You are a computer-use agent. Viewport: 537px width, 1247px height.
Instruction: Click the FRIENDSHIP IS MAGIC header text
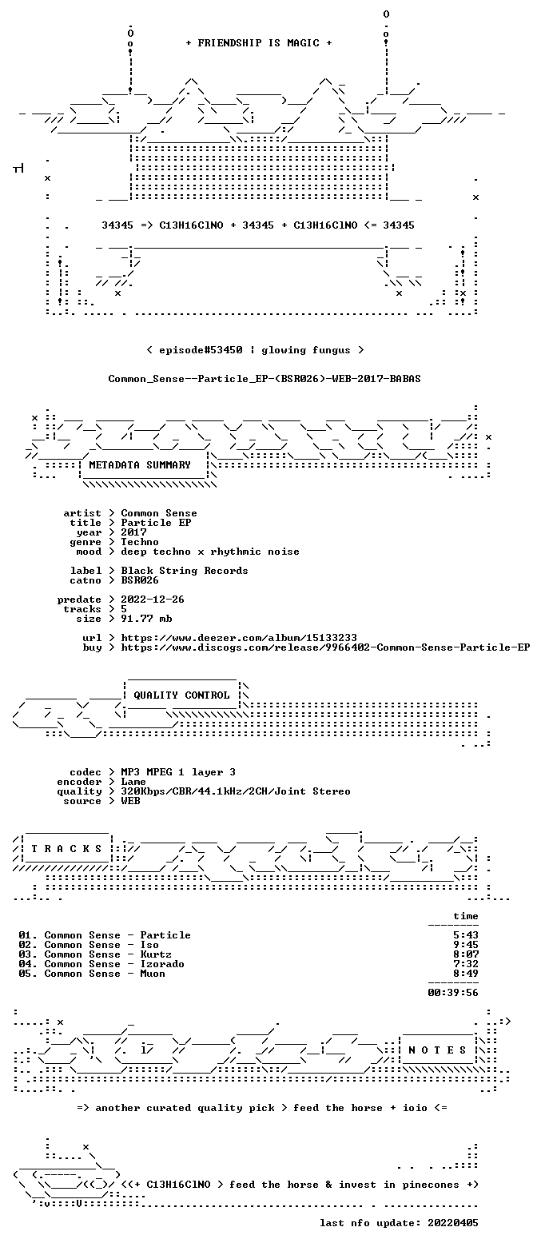click(259, 43)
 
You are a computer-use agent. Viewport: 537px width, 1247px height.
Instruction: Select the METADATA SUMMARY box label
click(140, 465)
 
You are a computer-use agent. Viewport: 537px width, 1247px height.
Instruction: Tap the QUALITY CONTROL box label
click(181, 695)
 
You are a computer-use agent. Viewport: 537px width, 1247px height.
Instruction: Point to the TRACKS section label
click(67, 848)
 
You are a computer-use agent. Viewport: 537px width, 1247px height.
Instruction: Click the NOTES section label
click(437, 1050)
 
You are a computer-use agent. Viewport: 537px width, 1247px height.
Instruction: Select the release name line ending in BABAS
click(265, 379)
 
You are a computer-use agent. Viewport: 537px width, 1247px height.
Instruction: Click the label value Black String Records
click(184, 571)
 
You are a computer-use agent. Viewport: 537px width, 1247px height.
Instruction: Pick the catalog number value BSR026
click(140, 580)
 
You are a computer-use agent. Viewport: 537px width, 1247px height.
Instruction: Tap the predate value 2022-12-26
click(153, 600)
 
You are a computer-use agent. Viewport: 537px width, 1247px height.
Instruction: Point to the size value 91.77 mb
click(146, 619)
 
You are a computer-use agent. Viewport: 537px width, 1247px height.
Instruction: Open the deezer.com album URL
click(239, 638)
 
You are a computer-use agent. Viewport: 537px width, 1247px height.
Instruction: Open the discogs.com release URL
click(325, 647)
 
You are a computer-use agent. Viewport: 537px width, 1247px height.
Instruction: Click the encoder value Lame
click(133, 782)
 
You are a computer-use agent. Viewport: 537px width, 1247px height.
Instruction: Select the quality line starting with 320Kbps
click(236, 791)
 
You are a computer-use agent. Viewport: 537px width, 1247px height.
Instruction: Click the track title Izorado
click(162, 964)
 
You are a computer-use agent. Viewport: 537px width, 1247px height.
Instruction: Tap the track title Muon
click(153, 973)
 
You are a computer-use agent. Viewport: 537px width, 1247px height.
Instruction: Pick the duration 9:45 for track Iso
click(466, 945)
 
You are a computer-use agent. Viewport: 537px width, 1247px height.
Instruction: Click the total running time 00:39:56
click(453, 993)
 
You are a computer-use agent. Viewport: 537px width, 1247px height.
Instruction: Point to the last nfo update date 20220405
click(453, 1222)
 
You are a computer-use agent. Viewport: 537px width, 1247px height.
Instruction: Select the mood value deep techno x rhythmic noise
click(210, 551)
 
